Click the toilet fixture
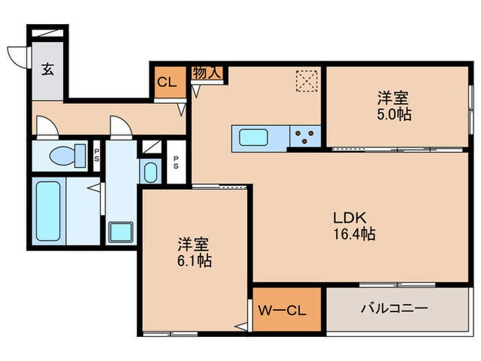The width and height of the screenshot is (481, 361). (x=67, y=154)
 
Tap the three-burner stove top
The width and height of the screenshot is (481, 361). (x=304, y=136)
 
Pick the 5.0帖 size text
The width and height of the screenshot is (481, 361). (x=395, y=115)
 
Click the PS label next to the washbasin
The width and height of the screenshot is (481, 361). (x=177, y=164)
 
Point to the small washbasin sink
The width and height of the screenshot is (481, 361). (x=148, y=172)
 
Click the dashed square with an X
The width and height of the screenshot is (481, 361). (x=305, y=81)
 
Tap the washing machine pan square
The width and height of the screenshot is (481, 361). (x=122, y=232)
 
